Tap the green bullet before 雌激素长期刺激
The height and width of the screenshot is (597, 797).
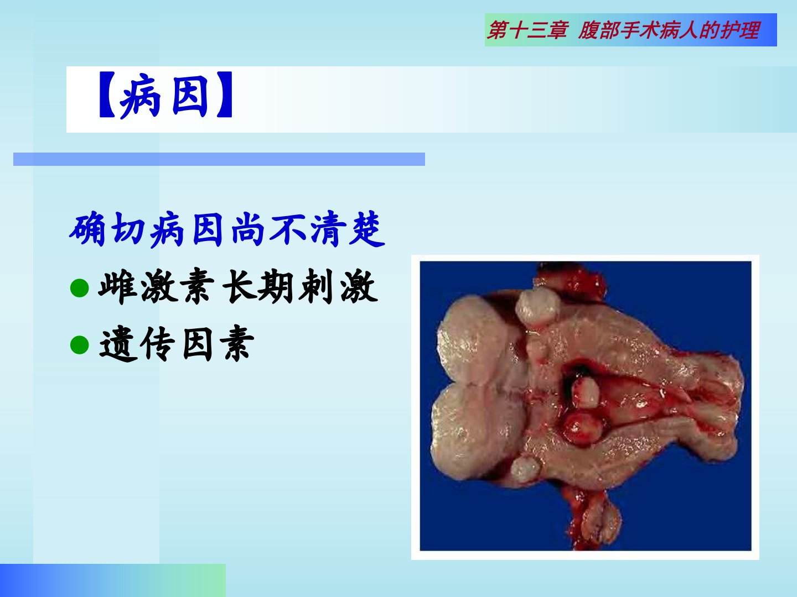click(x=80, y=288)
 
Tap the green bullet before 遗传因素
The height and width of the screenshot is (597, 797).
click(x=80, y=344)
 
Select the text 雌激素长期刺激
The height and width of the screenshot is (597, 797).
click(x=238, y=286)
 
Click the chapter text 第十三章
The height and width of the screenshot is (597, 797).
click(x=527, y=30)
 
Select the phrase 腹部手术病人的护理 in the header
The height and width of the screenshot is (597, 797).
click(x=669, y=30)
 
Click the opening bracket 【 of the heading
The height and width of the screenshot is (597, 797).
click(x=107, y=95)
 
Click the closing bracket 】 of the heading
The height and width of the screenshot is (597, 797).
click(x=224, y=95)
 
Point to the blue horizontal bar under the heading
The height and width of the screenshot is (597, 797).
click(x=219, y=159)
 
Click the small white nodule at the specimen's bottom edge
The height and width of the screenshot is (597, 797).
click(x=525, y=469)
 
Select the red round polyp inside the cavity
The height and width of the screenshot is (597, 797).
click(x=583, y=428)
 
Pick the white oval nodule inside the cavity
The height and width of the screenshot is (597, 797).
click(x=585, y=392)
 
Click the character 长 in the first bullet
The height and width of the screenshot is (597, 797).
click(x=240, y=286)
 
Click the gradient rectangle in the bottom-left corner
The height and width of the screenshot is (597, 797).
click(x=112, y=580)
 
